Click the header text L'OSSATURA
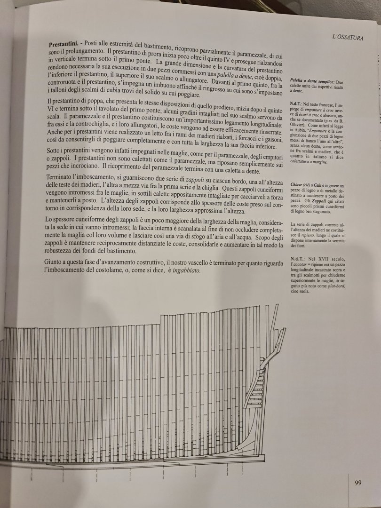tap(347, 36)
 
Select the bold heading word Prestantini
tap(65, 44)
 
